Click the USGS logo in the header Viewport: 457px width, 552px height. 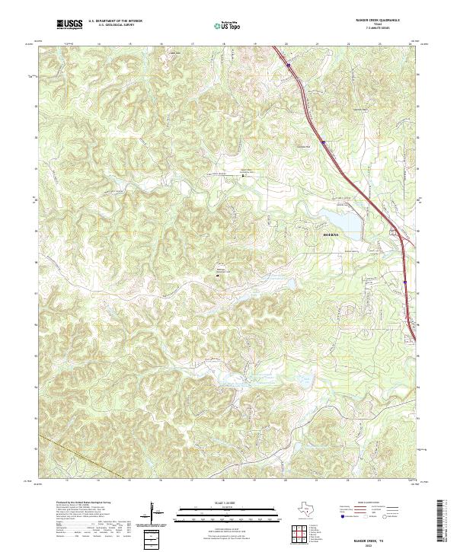(x=69, y=25)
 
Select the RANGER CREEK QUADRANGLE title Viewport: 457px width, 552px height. (x=378, y=21)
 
